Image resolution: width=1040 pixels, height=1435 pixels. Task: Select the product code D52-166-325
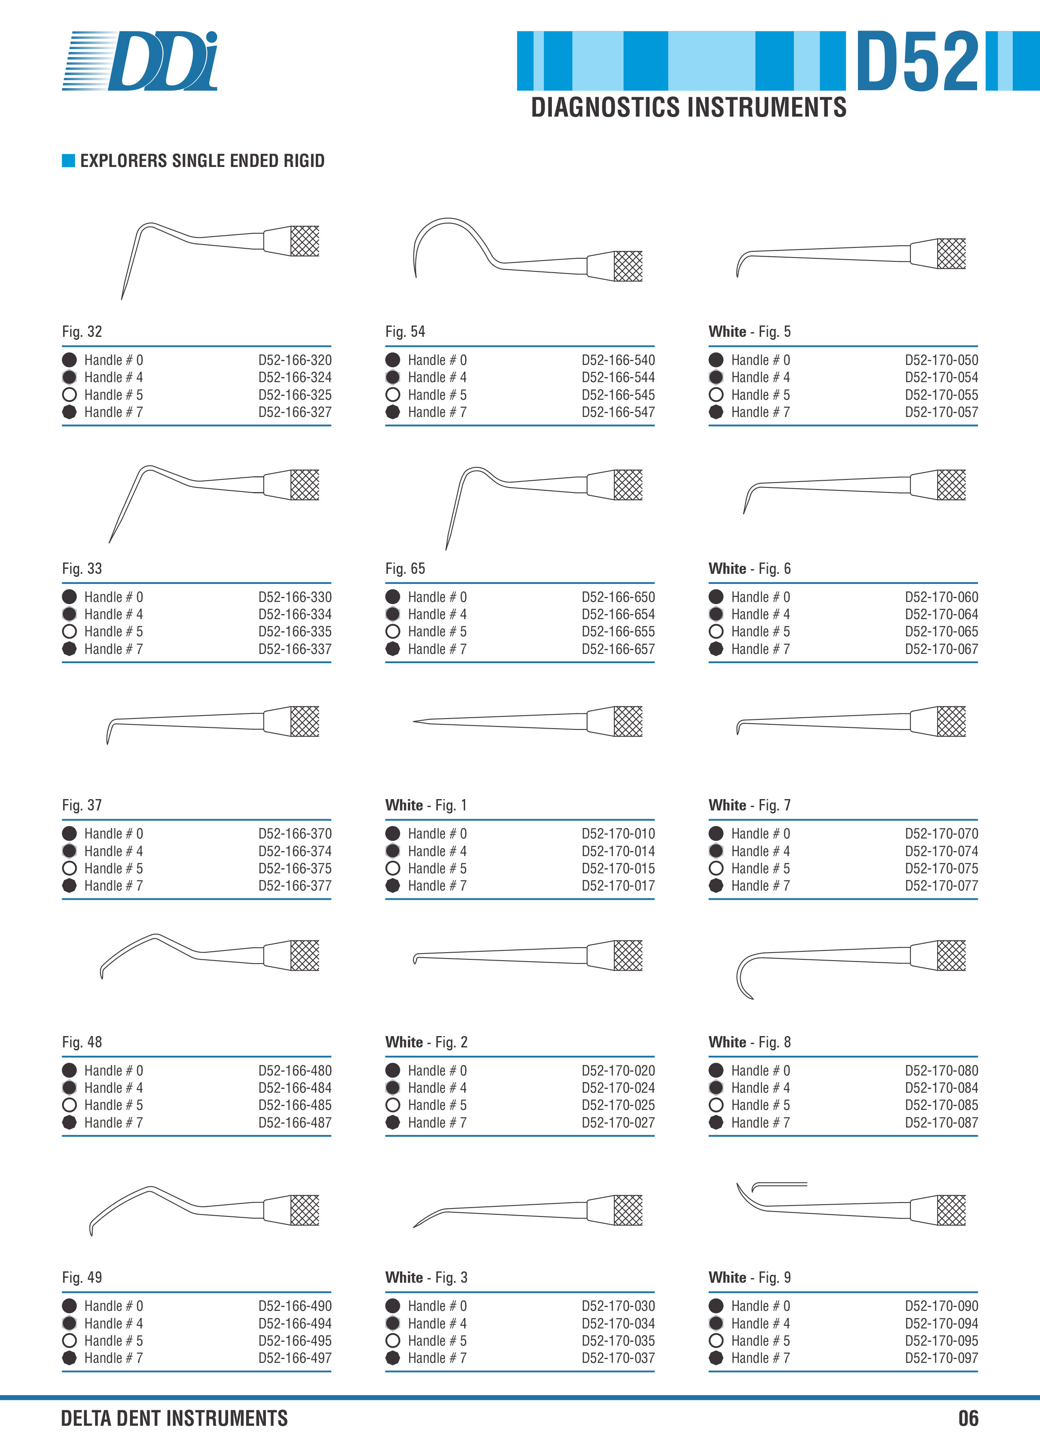click(x=295, y=395)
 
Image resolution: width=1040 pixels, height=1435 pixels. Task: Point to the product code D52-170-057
click(x=941, y=412)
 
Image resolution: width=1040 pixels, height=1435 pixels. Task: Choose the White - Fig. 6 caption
click(x=750, y=568)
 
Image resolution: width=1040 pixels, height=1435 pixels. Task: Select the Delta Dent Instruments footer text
click(x=174, y=1418)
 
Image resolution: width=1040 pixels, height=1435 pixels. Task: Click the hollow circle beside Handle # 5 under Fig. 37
click(x=70, y=868)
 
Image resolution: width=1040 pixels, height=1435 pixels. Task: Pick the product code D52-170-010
click(x=618, y=833)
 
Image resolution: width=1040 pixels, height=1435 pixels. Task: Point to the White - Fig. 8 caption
click(x=750, y=1042)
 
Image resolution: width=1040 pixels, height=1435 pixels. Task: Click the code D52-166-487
click(x=295, y=1122)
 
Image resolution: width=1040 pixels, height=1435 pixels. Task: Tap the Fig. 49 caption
click(x=82, y=1277)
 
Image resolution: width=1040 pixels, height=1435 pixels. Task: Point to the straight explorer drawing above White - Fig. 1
click(x=528, y=721)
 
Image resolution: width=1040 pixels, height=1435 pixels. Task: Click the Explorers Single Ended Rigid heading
click(x=203, y=161)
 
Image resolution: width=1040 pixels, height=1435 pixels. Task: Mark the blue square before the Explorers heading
click(x=68, y=161)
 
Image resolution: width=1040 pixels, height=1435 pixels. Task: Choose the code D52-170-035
click(x=618, y=1341)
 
